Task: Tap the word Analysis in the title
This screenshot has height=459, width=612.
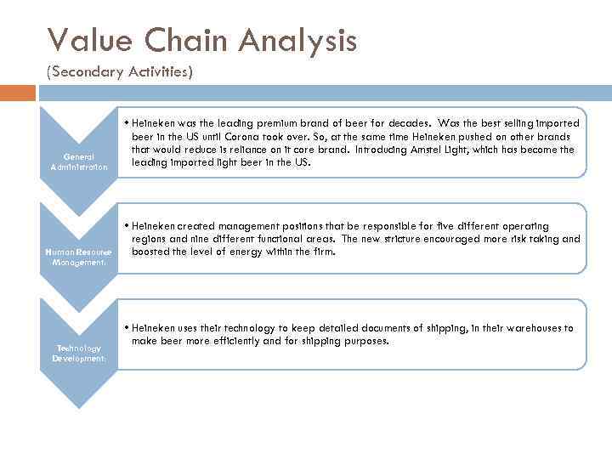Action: [x=297, y=39]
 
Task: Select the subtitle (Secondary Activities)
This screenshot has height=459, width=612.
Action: [x=120, y=72]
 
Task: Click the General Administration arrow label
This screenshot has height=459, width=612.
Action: [x=79, y=161]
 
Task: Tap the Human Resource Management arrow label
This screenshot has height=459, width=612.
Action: [x=79, y=258]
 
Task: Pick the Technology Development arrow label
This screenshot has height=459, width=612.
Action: [x=79, y=353]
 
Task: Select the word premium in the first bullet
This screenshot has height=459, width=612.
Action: [x=265, y=124]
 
